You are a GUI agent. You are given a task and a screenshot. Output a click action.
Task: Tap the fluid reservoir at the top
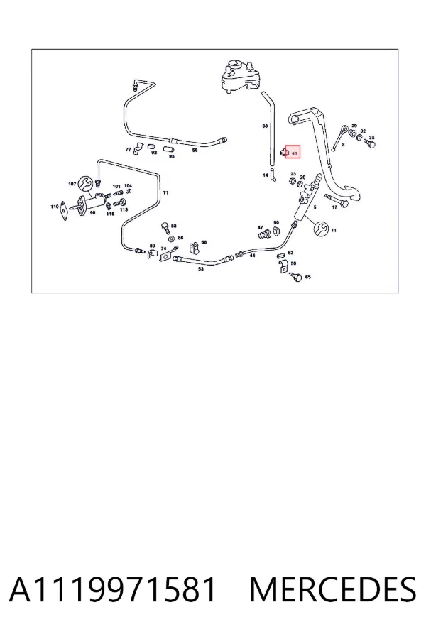[240, 77]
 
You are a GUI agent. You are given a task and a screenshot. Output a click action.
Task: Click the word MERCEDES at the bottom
[333, 589]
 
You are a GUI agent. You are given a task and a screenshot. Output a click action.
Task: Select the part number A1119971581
[112, 589]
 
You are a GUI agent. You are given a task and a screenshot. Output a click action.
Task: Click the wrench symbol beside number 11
[321, 229]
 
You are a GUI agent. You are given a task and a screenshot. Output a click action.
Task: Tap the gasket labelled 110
[63, 210]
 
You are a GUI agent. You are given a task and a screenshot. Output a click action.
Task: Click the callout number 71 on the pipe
[165, 192]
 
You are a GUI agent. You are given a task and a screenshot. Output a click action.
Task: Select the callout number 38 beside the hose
[265, 126]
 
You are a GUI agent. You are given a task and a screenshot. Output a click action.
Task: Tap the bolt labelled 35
[370, 144]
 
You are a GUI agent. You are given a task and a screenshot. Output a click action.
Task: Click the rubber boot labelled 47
[263, 235]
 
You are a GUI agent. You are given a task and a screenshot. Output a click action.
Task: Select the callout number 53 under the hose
[201, 269]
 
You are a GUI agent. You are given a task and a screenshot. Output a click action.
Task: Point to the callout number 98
[92, 213]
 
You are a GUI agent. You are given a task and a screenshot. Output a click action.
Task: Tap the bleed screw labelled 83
[165, 227]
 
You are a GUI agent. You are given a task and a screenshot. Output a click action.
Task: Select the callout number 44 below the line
[252, 256]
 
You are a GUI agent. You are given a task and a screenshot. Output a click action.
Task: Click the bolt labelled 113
[119, 202]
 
